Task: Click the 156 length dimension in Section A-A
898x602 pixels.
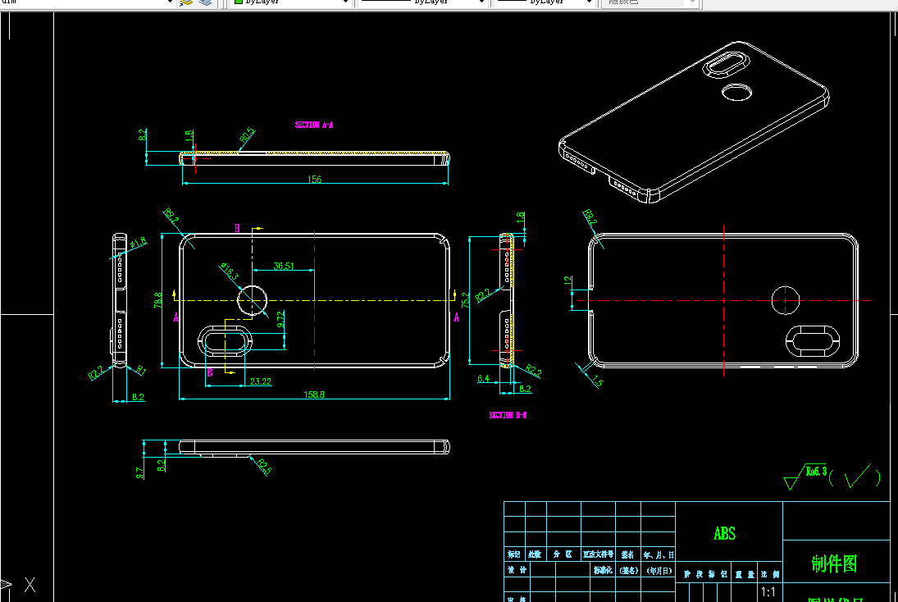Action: [x=314, y=179]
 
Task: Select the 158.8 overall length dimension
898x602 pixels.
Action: [x=314, y=394]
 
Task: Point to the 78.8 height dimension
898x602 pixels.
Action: [x=158, y=300]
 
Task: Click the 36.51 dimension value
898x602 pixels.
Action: [x=284, y=266]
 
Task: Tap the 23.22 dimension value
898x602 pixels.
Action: [x=261, y=381]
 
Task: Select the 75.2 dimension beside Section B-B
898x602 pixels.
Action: [x=465, y=300]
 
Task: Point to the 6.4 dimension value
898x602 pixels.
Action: [x=483, y=378]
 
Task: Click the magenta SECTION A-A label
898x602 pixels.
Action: [x=314, y=125]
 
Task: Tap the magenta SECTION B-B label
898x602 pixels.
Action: [x=508, y=415]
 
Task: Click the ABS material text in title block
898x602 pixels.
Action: [x=725, y=534]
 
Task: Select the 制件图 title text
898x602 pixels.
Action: [x=834, y=563]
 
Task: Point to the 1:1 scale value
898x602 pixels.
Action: [x=768, y=592]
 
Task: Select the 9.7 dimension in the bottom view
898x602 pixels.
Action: [x=140, y=472]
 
